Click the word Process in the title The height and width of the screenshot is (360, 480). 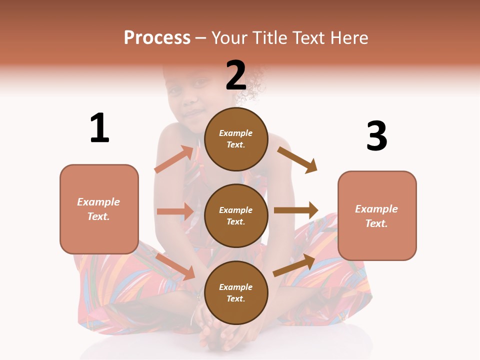coord(157,38)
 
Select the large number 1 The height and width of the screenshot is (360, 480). coord(99,128)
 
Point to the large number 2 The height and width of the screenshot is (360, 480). coord(236,75)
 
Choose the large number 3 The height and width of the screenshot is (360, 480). coord(376,136)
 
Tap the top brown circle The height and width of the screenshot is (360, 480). coord(236,139)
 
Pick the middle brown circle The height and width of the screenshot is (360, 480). coord(236,215)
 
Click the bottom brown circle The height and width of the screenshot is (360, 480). coord(236,292)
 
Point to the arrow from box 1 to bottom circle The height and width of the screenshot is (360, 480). coord(175,266)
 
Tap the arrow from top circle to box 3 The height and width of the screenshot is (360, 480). coord(297,159)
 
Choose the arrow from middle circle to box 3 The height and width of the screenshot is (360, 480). coord(296,210)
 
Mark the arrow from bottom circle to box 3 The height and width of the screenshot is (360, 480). coord(294,265)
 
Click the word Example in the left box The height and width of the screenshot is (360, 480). coord(98,202)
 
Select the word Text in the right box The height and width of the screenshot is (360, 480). coord(376,223)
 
